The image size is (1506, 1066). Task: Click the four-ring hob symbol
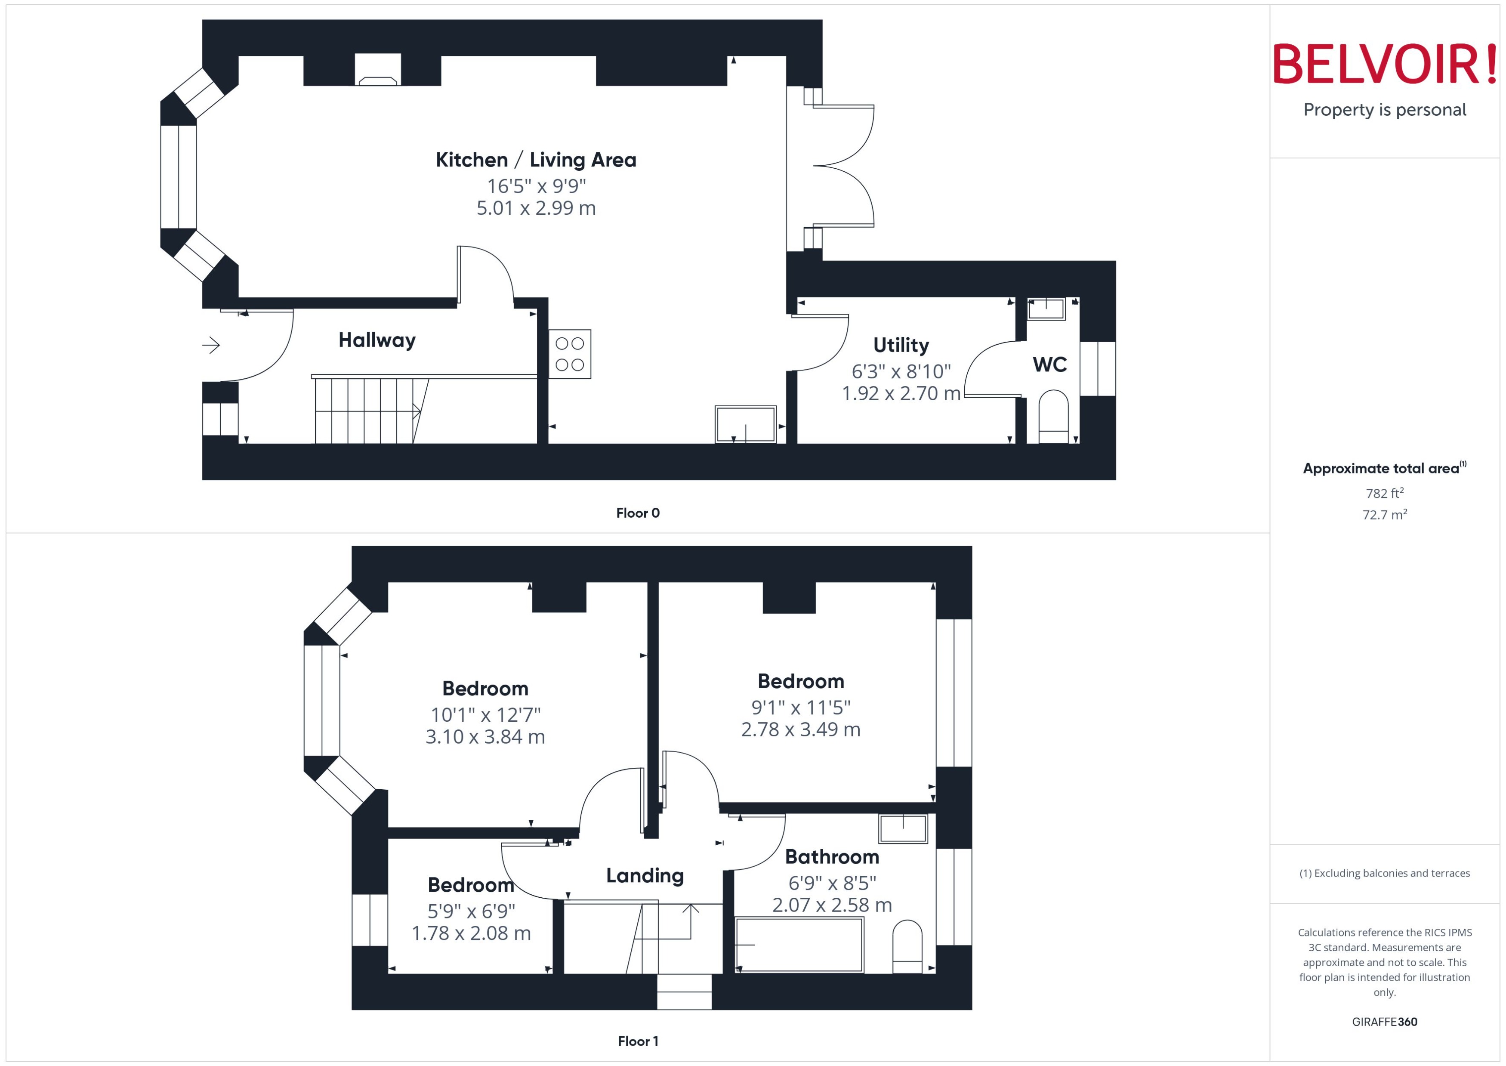(x=570, y=354)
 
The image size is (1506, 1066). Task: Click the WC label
(x=1049, y=365)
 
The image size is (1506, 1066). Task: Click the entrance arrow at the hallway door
(x=211, y=345)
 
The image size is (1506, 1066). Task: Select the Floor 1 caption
(x=637, y=1041)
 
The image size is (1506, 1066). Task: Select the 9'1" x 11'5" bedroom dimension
(x=801, y=708)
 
